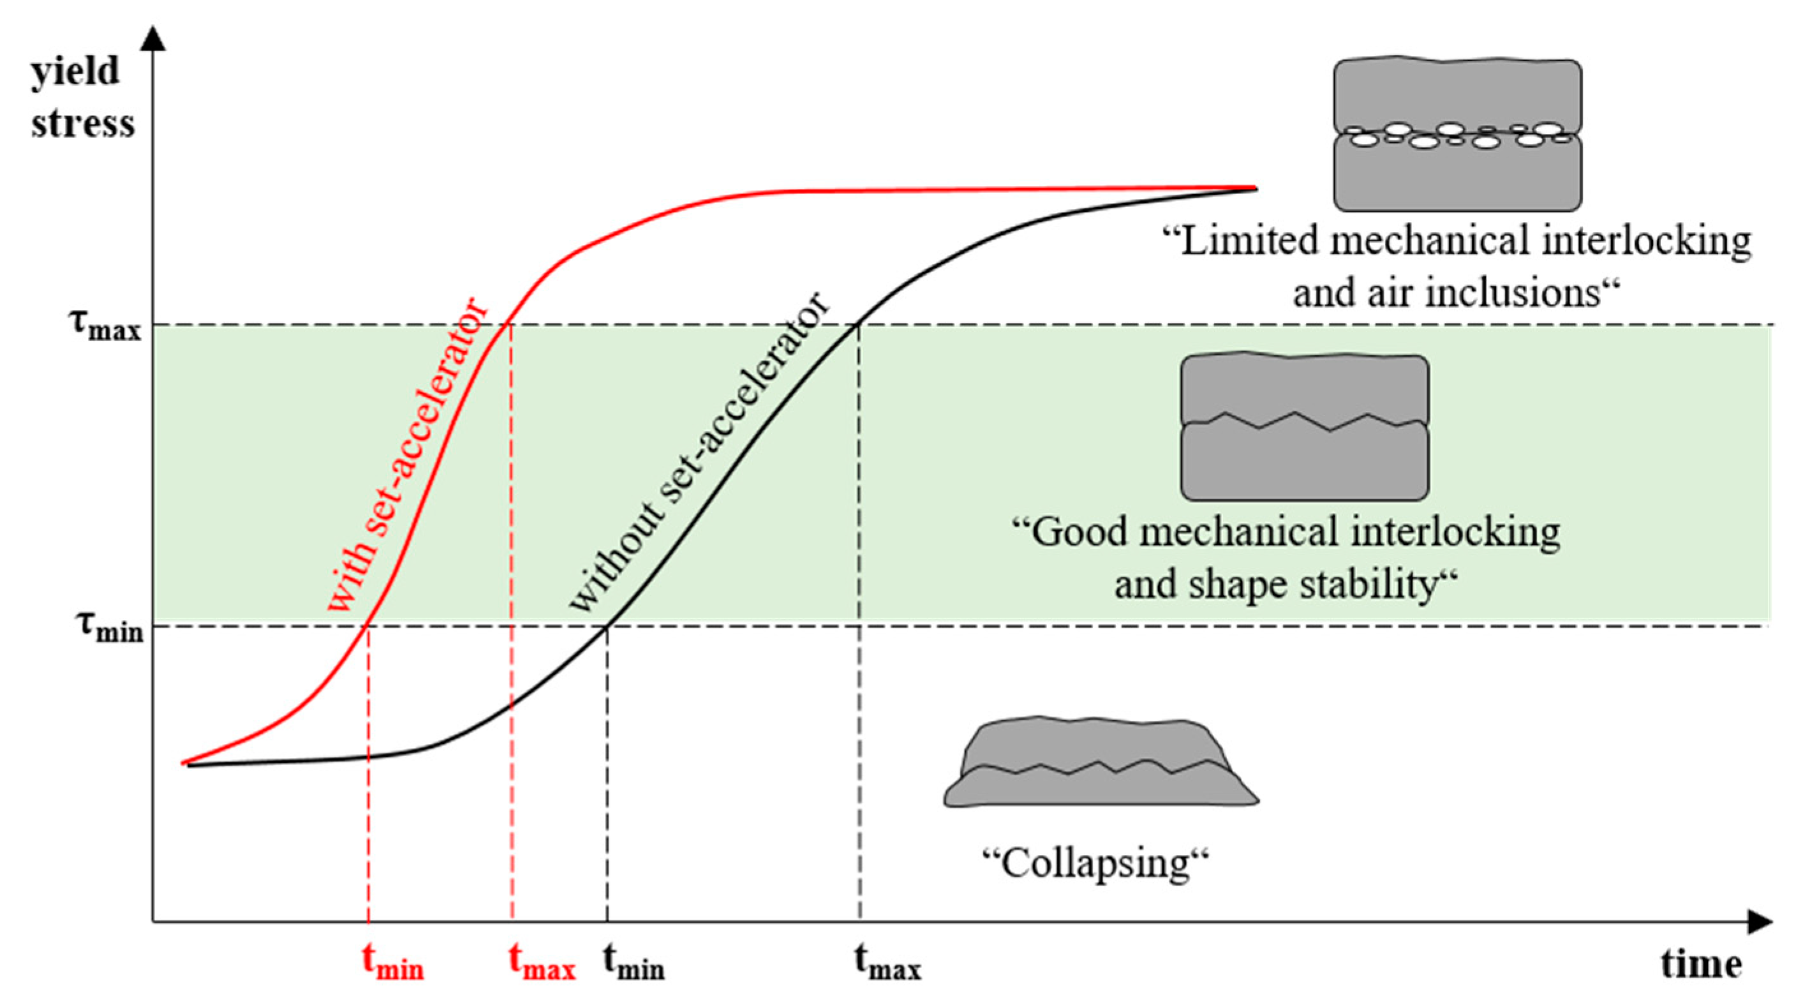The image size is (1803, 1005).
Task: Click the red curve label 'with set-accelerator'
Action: [406, 455]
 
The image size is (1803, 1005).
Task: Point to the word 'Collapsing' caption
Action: [1096, 863]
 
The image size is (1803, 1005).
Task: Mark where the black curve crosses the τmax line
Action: [858, 325]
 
